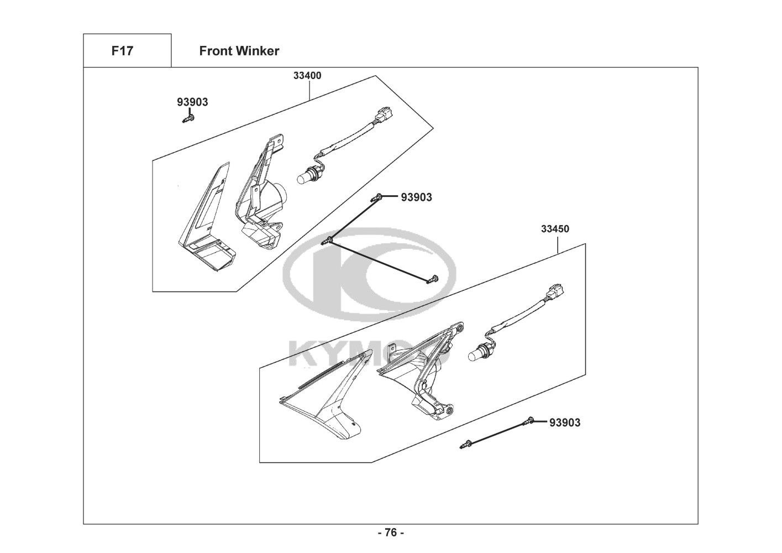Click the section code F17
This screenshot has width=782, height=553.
tap(122, 51)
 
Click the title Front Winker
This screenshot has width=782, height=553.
tap(239, 51)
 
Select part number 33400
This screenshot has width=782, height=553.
tap(307, 76)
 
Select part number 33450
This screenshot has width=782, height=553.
tap(555, 229)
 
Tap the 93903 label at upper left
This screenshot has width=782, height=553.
tap(192, 102)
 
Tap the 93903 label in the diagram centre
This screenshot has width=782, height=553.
tap(416, 197)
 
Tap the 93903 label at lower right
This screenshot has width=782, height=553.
tap(565, 423)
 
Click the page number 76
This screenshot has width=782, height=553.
tap(391, 533)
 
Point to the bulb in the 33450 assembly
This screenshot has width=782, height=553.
tap(476, 352)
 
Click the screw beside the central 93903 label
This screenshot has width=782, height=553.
tap(379, 196)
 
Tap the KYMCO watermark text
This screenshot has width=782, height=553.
tap(365, 354)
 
